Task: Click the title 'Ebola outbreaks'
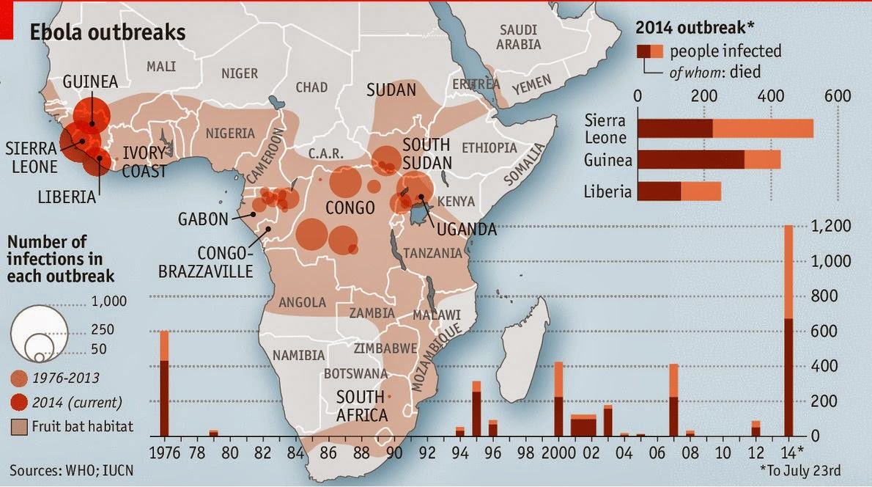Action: pos(107,33)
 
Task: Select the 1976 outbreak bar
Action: pos(164,385)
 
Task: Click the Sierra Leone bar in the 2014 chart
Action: pos(725,128)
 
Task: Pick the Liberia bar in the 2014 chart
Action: pos(679,191)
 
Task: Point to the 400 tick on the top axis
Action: pos(771,96)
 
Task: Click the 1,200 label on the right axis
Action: pos(830,227)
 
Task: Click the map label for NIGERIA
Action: pos(230,133)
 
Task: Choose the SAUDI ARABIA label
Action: pos(519,37)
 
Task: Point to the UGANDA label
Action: pos(466,230)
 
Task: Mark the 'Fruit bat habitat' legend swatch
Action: pos(19,425)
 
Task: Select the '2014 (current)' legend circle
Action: pos(20,402)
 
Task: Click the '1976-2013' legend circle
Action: pos(20,378)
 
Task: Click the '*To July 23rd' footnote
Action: pos(820,467)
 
